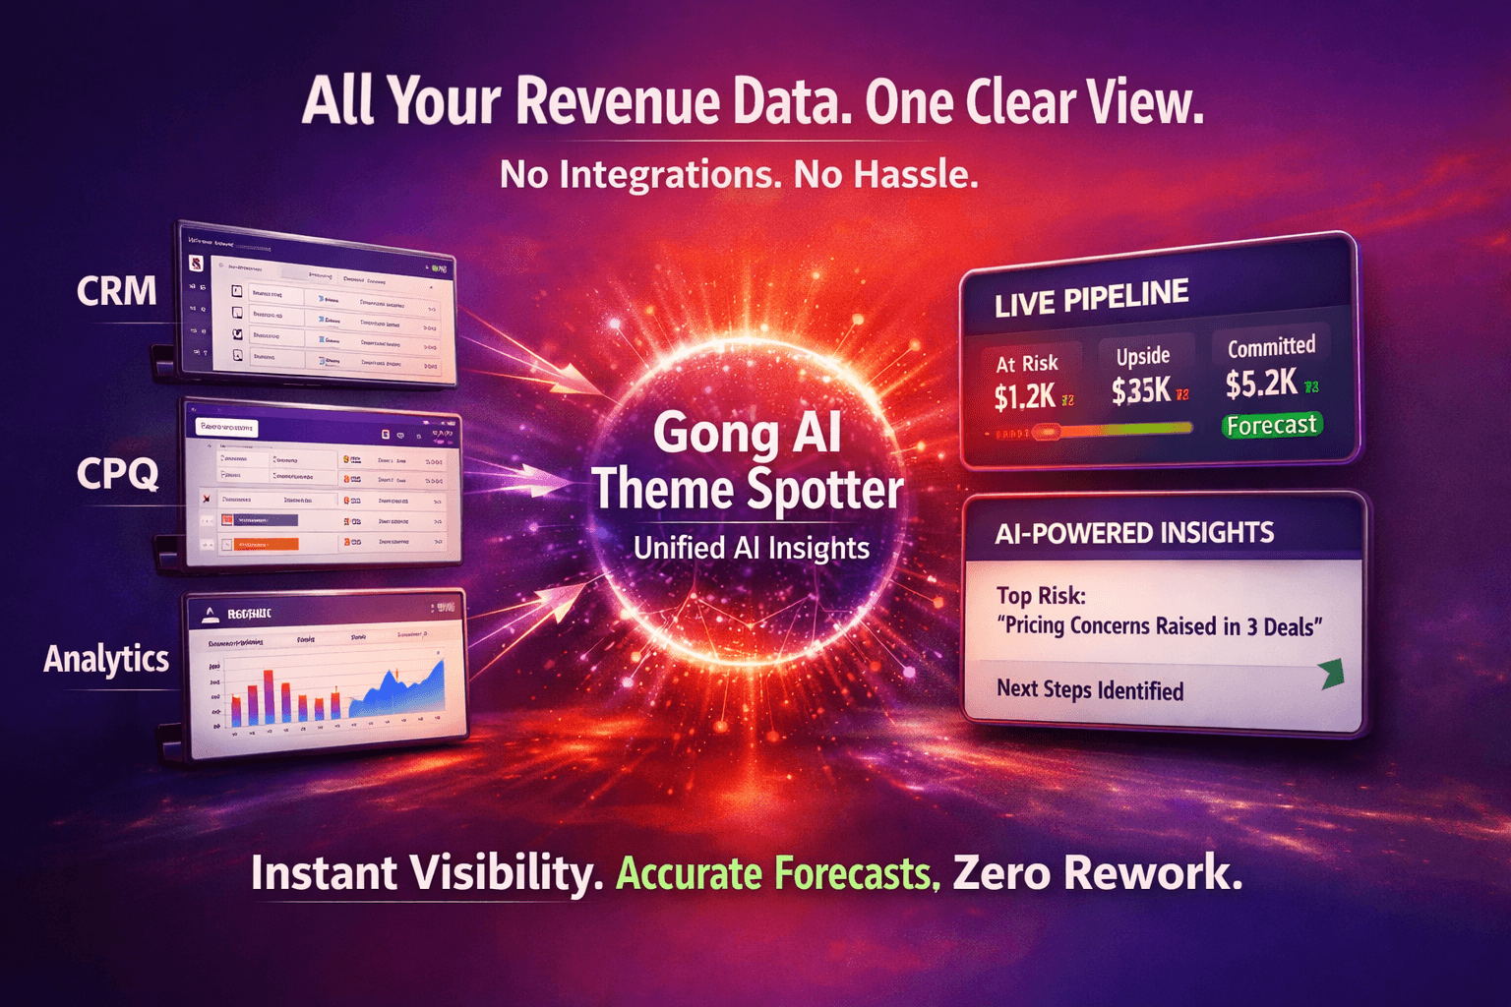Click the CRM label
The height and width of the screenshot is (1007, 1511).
pos(116,291)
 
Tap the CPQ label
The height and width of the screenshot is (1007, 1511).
pos(117,474)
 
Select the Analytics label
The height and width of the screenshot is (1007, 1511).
pos(106,659)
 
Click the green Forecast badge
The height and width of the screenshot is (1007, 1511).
pos(1271,425)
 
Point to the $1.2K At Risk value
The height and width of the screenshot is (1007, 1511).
pos(1024,396)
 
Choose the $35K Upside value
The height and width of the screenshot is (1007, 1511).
pos(1141,390)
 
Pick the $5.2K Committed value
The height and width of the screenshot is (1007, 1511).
pos(1261,384)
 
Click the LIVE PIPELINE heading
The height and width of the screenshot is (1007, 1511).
pos(1091,298)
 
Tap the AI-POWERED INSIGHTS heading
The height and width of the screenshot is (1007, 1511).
pos(1133,533)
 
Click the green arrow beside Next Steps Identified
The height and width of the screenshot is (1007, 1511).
pos(1331,674)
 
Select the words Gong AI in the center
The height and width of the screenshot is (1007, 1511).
pos(747,433)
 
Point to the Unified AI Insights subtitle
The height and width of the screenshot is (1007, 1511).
pos(752,548)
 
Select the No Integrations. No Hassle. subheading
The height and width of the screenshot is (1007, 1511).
pos(739,175)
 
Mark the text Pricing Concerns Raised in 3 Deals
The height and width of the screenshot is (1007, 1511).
pos(1163,626)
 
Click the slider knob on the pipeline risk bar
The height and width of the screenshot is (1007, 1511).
pos(1046,431)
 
